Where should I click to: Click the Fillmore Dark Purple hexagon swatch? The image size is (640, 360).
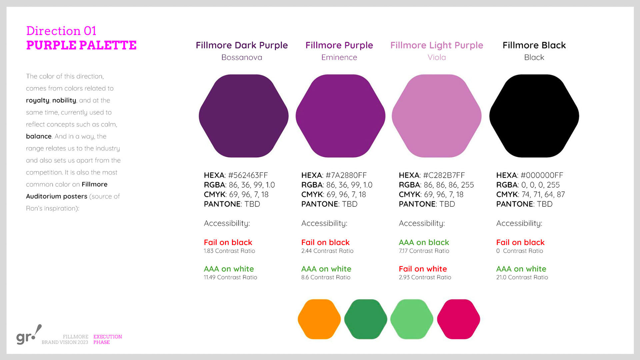click(x=244, y=116)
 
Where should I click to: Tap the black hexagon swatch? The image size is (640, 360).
click(x=534, y=116)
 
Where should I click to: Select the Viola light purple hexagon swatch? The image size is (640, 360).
click(x=437, y=116)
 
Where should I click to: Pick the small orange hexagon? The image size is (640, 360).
click(x=319, y=319)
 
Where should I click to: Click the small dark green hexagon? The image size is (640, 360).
click(x=366, y=319)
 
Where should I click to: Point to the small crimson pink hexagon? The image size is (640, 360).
click(x=459, y=319)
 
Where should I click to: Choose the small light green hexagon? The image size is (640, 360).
click(x=412, y=319)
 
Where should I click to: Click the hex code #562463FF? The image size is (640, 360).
click(x=248, y=175)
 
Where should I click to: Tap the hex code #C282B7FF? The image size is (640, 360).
click(x=444, y=175)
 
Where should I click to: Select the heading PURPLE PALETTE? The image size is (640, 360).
click(x=81, y=45)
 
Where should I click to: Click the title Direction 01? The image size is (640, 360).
click(x=61, y=31)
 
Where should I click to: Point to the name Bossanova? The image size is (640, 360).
click(x=242, y=57)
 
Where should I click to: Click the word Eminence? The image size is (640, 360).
click(x=339, y=57)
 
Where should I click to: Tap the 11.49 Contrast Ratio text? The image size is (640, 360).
click(x=230, y=277)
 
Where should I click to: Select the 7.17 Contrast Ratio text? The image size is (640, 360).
click(x=424, y=251)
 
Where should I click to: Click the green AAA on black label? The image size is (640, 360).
click(x=424, y=242)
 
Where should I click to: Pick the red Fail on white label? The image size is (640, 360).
click(x=423, y=269)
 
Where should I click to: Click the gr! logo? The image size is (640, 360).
click(x=29, y=335)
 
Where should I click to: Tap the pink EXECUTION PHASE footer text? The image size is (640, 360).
click(x=108, y=339)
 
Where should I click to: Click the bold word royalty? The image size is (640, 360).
click(x=38, y=100)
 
